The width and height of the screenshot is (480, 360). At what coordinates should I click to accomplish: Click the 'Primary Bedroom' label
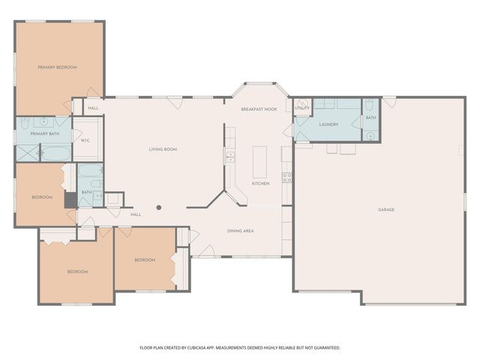[x=58, y=67]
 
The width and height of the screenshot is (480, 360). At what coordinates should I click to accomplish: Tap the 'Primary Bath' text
[x=43, y=133]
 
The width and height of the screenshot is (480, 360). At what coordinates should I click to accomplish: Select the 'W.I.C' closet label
[x=85, y=140]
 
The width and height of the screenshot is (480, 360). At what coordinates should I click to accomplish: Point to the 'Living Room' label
[x=163, y=150]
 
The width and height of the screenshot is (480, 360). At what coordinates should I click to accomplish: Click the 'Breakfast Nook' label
[x=259, y=109]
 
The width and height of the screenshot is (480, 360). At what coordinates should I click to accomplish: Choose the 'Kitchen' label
[x=260, y=184]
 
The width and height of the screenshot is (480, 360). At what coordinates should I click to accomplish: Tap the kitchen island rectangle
[x=260, y=161]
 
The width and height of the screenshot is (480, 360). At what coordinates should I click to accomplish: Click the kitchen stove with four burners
[x=286, y=178]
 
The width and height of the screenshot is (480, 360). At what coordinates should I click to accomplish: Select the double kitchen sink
[x=230, y=157]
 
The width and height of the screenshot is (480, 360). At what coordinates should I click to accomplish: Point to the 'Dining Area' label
[x=240, y=231]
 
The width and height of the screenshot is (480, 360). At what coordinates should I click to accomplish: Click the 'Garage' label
[x=386, y=209]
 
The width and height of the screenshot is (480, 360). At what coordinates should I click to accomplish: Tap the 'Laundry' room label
[x=328, y=124]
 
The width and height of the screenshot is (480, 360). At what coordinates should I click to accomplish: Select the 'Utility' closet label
[x=301, y=108]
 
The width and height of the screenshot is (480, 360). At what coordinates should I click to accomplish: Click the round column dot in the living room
[x=159, y=207]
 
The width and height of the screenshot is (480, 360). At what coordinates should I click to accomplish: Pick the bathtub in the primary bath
[x=54, y=154]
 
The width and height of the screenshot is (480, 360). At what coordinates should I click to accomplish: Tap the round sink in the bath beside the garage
[x=370, y=136]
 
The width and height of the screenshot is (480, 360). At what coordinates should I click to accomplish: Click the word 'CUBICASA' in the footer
[x=191, y=348]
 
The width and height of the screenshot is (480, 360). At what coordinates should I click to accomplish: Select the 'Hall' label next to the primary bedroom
[x=93, y=109]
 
